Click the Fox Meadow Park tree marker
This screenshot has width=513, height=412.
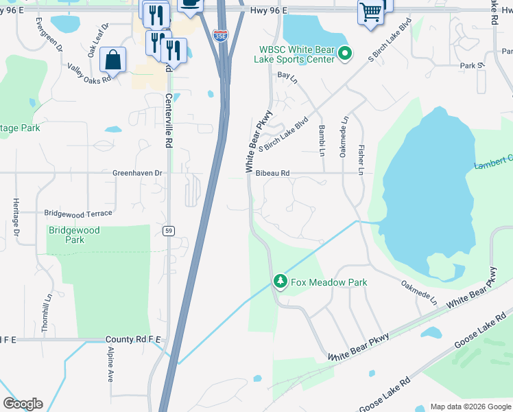tap(280, 282)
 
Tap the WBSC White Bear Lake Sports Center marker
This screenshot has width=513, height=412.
tap(346, 54)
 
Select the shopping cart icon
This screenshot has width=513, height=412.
tap(370, 12)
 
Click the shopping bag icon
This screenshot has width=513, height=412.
tap(112, 60)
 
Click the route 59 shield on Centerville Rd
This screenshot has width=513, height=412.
tap(168, 231)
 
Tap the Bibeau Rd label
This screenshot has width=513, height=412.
tap(273, 173)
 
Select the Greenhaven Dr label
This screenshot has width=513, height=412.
tap(137, 174)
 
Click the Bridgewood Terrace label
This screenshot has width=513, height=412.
tap(77, 214)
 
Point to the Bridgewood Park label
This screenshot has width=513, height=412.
tap(74, 235)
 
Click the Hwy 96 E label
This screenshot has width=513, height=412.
tap(268, 10)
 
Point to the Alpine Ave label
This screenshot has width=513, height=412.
tap(110, 365)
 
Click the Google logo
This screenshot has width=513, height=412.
tap(23, 404)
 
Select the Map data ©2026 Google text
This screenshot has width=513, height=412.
tap(469, 407)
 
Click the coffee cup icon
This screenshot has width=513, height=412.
tap(190, 4)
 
